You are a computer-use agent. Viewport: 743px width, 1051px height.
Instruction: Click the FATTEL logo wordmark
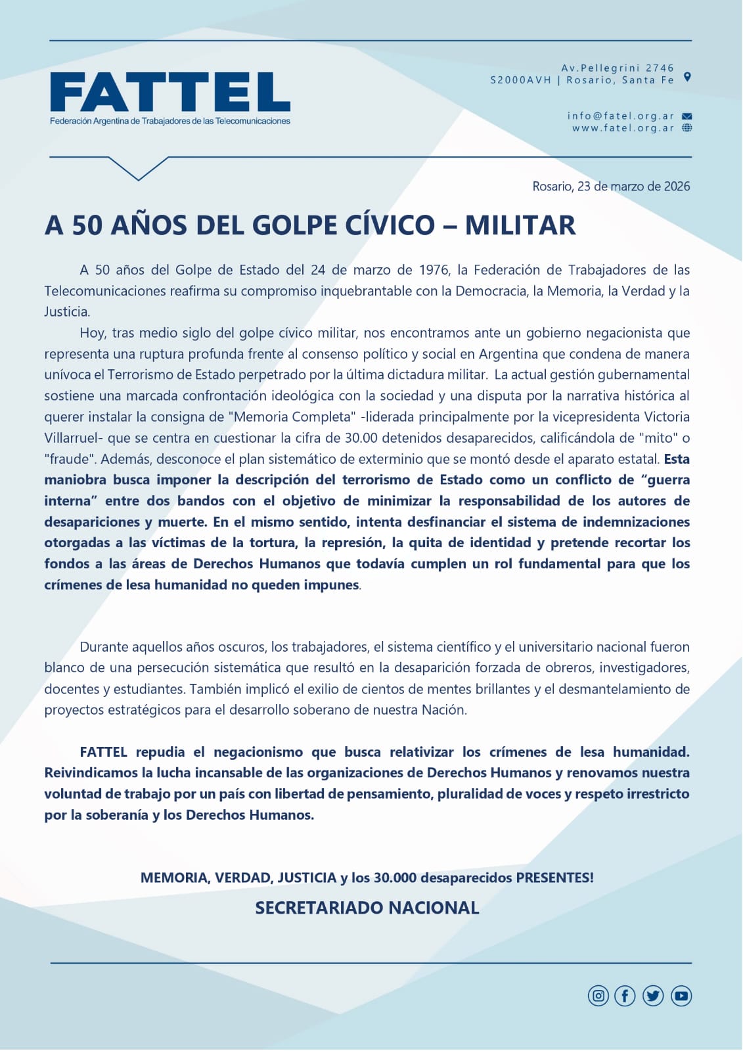point(170,92)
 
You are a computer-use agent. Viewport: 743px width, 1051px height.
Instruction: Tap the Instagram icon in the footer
point(598,996)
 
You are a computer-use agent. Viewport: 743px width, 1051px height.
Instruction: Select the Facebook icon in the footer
point(625,996)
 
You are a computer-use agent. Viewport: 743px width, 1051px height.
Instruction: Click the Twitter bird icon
point(653,996)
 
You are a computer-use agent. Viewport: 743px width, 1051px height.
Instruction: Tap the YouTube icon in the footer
point(681,996)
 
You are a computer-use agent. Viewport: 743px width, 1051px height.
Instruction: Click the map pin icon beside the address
point(687,77)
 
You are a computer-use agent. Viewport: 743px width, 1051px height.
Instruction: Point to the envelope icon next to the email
point(687,116)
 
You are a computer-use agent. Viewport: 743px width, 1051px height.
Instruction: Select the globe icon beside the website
point(687,128)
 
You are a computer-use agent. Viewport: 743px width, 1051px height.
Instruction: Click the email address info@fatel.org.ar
point(621,116)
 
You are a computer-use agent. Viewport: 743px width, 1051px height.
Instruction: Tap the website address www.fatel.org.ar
point(623,128)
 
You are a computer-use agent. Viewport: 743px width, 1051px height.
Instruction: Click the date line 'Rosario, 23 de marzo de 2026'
point(611,187)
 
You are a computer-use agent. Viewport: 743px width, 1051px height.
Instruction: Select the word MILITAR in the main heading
point(520,225)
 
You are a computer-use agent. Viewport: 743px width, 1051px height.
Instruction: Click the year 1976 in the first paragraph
point(434,270)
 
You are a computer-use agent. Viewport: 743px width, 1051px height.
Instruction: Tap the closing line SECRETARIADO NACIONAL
point(367,908)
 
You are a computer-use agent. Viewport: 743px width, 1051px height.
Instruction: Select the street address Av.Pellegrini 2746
point(618,68)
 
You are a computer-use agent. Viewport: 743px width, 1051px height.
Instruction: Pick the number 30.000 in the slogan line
point(395,878)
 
